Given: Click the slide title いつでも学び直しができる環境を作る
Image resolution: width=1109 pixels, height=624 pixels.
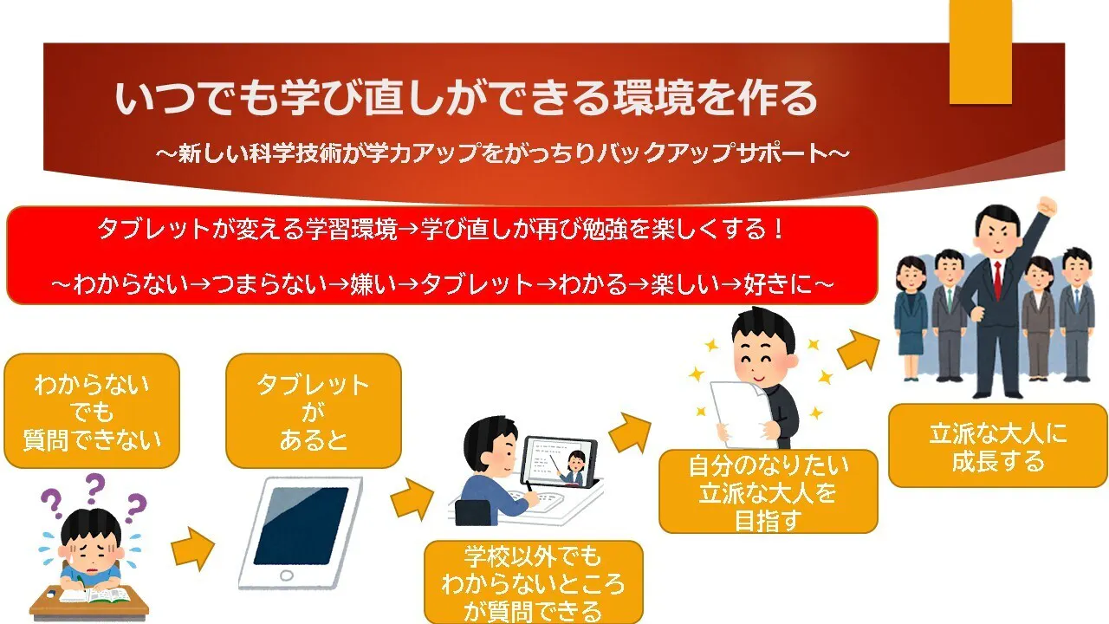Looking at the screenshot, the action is (465, 98).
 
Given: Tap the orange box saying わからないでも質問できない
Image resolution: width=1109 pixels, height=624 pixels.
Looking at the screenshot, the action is (92, 411).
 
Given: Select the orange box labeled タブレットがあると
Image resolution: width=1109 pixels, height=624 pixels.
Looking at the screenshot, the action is (314, 411).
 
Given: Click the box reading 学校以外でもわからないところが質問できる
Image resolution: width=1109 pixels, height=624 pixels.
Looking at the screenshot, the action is (534, 582).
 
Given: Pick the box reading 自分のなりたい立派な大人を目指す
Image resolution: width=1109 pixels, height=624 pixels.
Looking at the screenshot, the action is (769, 491).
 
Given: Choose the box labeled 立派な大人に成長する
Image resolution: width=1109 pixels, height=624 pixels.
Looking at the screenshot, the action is (998, 445).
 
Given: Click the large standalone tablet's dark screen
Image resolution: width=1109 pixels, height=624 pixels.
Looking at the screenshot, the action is (301, 526).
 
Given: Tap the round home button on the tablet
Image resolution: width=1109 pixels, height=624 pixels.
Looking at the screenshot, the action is (287, 575).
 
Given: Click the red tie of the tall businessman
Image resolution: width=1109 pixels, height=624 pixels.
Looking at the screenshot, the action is (997, 279).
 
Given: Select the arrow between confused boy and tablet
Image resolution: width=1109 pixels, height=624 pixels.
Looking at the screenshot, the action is (193, 549).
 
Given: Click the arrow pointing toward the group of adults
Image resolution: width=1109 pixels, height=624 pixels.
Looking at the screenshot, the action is (859, 349).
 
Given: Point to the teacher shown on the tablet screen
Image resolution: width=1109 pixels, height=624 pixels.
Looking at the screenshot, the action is (574, 467).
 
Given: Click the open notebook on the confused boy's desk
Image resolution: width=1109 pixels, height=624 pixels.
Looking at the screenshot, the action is (95, 595).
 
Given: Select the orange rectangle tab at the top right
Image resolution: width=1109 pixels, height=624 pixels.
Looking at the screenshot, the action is (980, 52).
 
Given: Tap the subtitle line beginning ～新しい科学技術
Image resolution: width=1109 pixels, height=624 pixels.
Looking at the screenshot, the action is (503, 153).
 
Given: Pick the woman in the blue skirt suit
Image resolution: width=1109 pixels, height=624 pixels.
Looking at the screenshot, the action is (911, 318).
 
